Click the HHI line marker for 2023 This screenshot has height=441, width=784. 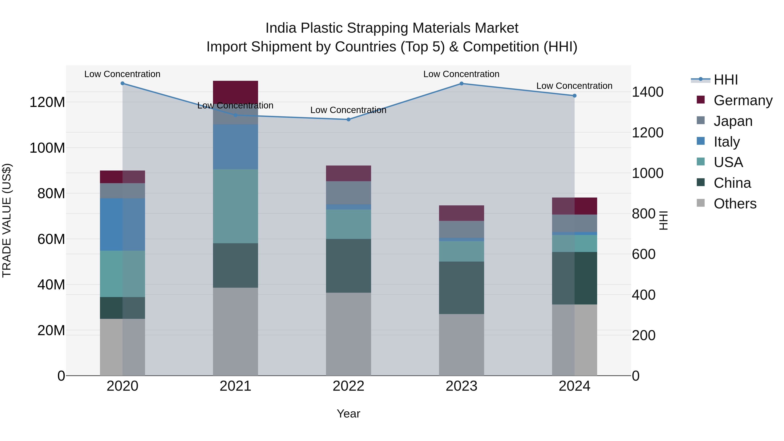pos(461,83)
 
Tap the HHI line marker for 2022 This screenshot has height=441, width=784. pos(348,120)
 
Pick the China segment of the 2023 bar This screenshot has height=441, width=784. pos(461,288)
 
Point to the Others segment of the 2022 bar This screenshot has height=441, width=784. pos(348,334)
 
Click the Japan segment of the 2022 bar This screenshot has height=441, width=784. pos(348,193)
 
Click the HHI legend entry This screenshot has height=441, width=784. pos(726,80)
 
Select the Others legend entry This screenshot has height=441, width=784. pos(735,204)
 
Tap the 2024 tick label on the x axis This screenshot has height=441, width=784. pos(574,386)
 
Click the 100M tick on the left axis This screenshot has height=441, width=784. pos(47,148)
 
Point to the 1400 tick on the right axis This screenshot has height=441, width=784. pos(647,92)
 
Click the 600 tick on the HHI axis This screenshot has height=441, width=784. pos(643,254)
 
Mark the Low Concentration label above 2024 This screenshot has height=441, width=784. pos(574,86)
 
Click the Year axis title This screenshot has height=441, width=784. pos(348,414)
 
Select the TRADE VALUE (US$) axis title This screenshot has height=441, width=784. pos(7,220)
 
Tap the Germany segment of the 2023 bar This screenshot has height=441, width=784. pos(461,213)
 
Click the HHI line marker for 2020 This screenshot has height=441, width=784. pos(122,83)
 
